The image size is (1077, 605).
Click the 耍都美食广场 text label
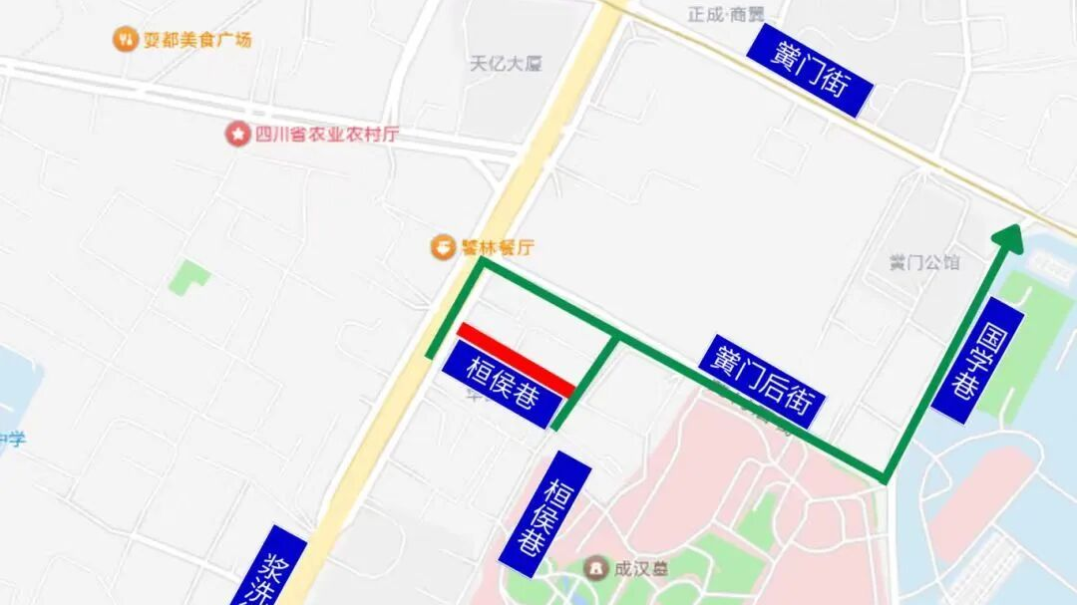pos(196,40)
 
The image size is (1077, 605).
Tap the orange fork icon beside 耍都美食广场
pos(125,40)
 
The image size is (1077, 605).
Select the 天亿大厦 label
pos(506,64)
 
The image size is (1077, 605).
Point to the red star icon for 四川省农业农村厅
pos(237,134)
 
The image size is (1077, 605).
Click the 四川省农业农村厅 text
pos(325,134)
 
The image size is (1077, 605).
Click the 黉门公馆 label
pos(923,262)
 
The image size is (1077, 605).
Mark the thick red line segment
pos(516,359)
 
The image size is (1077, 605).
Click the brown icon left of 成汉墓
pos(596,569)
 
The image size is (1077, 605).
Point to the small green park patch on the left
pos(188,276)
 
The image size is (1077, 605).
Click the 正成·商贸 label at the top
pos(726,13)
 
